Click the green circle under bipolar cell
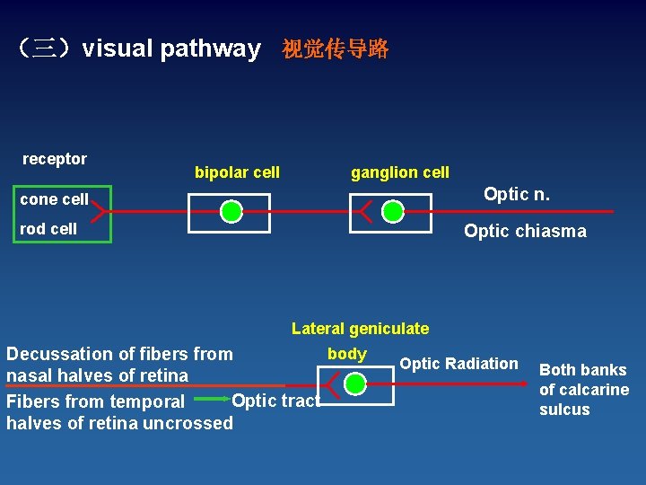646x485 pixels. tap(231, 212)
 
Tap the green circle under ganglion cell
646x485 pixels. tap(392, 212)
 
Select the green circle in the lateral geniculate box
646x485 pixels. tap(355, 384)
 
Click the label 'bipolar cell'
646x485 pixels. tap(237, 172)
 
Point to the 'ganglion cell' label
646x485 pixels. tap(400, 172)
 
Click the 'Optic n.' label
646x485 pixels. tap(517, 194)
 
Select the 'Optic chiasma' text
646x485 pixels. tap(525, 231)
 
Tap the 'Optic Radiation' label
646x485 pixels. tap(458, 364)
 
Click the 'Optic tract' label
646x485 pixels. tap(275, 400)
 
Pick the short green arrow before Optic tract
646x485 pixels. tap(212, 399)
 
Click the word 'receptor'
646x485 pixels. tap(55, 159)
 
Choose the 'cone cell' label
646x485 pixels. tap(55, 199)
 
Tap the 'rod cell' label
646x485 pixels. tap(48, 229)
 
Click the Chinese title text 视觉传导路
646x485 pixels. tap(336, 49)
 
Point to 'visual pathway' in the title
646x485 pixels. tap(171, 48)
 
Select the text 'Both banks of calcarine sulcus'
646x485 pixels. tap(583, 390)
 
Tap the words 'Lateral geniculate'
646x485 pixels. tap(360, 329)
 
